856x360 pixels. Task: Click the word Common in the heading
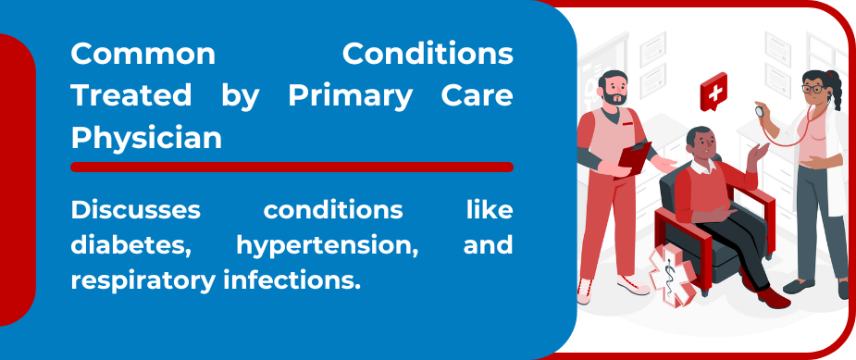(x=143, y=54)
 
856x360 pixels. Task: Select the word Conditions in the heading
(x=428, y=54)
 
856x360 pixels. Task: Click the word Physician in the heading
(x=146, y=137)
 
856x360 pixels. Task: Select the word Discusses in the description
(x=135, y=210)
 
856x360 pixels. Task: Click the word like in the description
(x=489, y=210)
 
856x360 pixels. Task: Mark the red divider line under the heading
(x=292, y=167)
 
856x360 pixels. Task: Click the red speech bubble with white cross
(x=713, y=91)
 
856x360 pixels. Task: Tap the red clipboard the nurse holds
(x=635, y=156)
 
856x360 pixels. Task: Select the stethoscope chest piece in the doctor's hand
(x=762, y=110)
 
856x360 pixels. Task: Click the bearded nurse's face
(x=614, y=90)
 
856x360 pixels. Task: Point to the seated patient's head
(x=700, y=142)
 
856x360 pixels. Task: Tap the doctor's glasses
(x=813, y=89)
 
